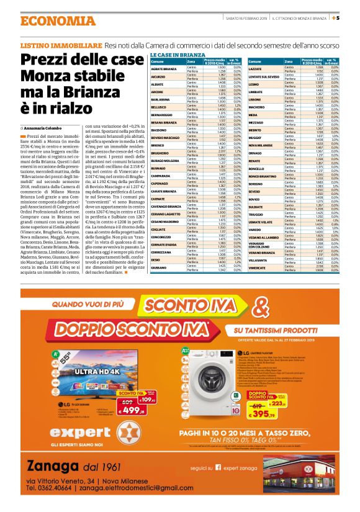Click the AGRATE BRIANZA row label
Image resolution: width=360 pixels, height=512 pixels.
(163, 68)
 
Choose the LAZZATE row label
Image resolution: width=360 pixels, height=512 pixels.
(256, 68)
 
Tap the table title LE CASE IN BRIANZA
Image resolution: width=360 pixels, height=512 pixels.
(178, 55)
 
